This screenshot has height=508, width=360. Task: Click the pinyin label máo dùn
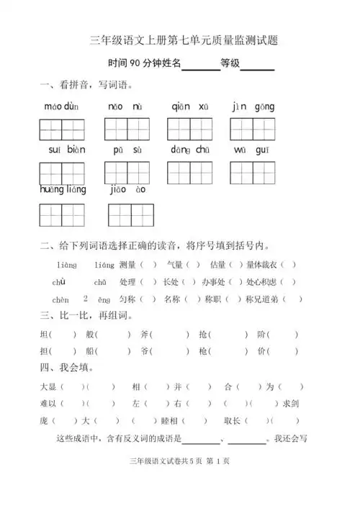pyautogui.click(x=61, y=108)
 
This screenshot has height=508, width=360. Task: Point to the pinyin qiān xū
pyautogui.click(x=190, y=108)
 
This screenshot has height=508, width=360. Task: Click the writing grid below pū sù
pyautogui.click(x=127, y=173)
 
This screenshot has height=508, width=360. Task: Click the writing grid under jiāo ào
pyautogui.click(x=130, y=215)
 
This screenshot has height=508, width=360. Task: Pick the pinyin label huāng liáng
pyautogui.click(x=63, y=190)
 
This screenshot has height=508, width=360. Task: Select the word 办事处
pyautogui.click(x=214, y=281)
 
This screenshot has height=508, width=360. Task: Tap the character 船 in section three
pyautogui.click(x=89, y=351)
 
